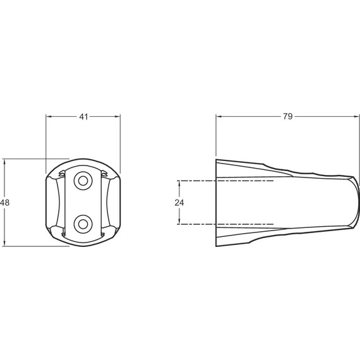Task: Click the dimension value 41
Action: (x=83, y=117)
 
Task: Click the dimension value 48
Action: (x=5, y=203)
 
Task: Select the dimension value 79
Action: (x=287, y=116)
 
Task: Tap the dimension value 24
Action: (x=179, y=203)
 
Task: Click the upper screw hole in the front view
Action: (x=83, y=181)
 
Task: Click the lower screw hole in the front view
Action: (x=83, y=224)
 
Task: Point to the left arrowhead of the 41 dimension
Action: (x=49, y=117)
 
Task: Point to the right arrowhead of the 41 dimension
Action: (x=117, y=117)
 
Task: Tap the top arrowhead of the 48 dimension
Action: (x=4, y=162)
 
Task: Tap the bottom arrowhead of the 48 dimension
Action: (x=4, y=243)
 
